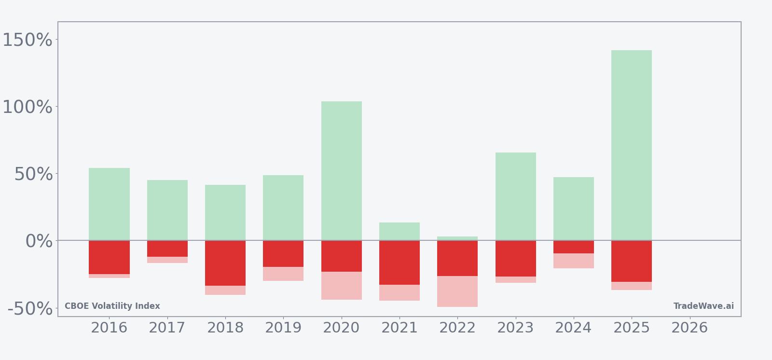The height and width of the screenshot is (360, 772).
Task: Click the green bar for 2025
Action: tap(631, 145)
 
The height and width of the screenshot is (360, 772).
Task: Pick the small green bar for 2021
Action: tap(399, 231)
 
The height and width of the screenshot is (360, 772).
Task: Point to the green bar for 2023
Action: tap(515, 196)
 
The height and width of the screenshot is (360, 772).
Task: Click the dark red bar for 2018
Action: tap(225, 263)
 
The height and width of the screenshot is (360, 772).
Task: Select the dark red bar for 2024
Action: tap(573, 247)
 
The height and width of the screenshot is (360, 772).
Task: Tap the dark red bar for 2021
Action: tap(399, 263)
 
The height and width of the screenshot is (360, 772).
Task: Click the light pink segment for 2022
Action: tap(457, 291)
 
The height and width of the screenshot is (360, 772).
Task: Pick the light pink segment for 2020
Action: tap(341, 286)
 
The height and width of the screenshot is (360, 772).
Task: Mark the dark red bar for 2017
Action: tap(167, 249)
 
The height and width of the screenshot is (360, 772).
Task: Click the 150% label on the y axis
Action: tap(28, 40)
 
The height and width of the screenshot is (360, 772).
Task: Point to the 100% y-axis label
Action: tap(28, 107)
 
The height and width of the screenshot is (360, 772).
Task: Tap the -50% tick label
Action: tap(30, 308)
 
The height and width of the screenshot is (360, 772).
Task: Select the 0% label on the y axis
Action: tap(39, 241)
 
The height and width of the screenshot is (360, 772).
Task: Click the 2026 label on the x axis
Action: tap(689, 328)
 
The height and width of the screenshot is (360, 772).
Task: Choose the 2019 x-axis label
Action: tap(283, 328)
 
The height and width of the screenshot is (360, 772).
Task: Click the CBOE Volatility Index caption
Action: tap(112, 306)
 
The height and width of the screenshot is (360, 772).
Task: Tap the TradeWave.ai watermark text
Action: tap(703, 306)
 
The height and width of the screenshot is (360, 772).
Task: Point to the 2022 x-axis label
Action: tap(457, 328)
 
